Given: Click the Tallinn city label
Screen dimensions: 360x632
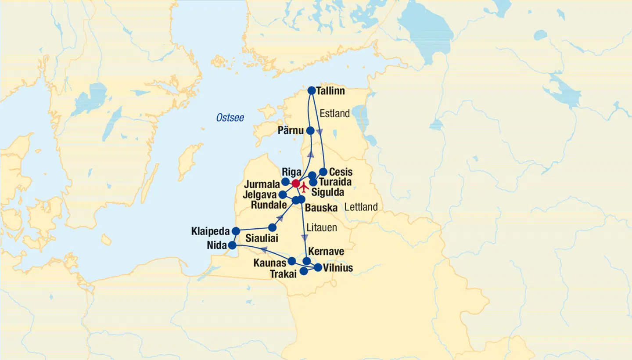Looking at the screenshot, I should (x=331, y=91).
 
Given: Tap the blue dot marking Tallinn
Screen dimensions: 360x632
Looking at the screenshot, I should (x=312, y=90).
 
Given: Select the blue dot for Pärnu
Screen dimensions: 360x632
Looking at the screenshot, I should (x=310, y=130).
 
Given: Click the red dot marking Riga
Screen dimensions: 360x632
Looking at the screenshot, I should (x=296, y=183).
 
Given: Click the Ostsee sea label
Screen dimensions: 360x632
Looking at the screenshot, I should (x=230, y=118).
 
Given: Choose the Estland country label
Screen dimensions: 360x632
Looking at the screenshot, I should (x=334, y=114).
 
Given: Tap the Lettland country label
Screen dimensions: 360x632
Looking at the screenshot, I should (x=361, y=207).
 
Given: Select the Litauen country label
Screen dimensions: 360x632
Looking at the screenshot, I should (x=322, y=228).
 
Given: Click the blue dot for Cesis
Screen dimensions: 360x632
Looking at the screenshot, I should (x=323, y=172).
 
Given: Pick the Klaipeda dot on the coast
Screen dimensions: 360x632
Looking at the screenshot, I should (x=236, y=231).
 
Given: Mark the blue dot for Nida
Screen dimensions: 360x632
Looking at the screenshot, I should (x=232, y=245).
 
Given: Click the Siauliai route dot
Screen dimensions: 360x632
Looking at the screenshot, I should (x=272, y=227).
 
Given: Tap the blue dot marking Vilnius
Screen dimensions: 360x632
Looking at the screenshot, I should (x=318, y=267).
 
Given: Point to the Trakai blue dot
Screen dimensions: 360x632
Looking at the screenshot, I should (x=303, y=271).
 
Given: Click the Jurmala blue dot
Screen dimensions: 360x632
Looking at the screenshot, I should (x=285, y=182).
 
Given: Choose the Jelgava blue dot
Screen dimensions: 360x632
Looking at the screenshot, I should (x=283, y=194).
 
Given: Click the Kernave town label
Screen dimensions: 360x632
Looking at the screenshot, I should (x=326, y=252).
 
